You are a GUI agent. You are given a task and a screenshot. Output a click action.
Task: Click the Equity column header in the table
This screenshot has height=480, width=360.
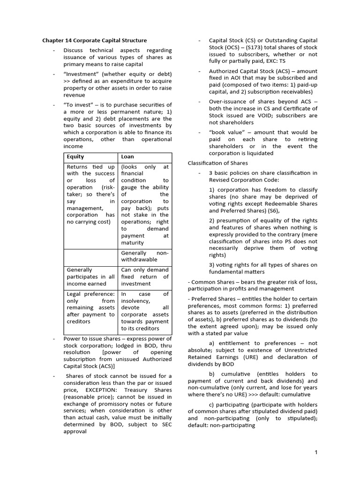(x=75, y=157)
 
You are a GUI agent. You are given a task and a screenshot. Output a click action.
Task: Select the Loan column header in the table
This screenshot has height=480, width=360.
(x=127, y=157)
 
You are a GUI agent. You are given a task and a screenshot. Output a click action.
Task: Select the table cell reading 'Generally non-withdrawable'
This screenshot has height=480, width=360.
(x=145, y=256)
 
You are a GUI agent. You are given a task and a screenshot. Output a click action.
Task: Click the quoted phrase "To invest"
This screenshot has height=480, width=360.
(x=77, y=105)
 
